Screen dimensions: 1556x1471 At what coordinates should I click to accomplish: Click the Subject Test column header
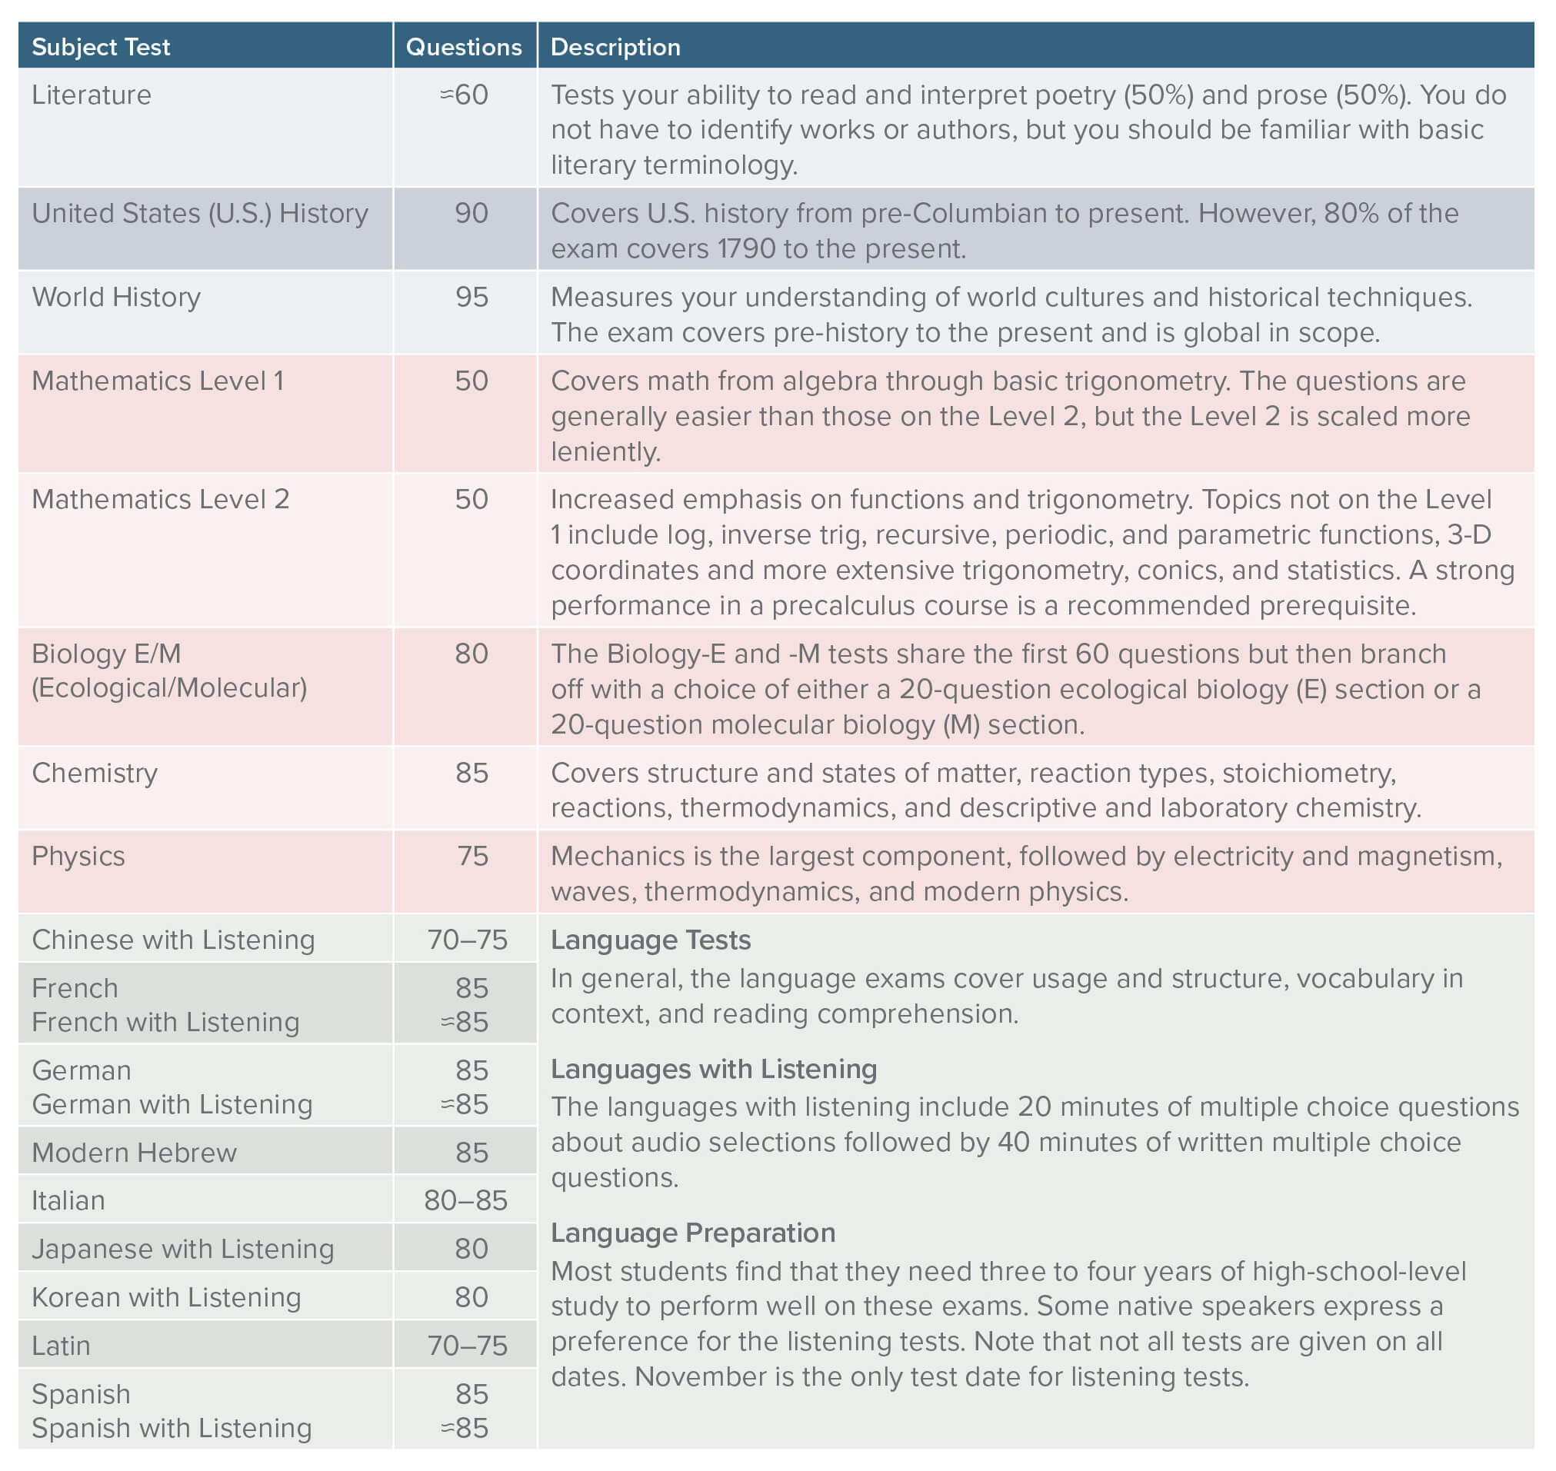point(101,47)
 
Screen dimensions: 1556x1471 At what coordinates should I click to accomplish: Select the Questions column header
point(464,47)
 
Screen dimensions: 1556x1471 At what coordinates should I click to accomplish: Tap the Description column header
point(615,47)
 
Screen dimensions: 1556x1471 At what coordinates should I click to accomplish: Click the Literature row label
point(91,95)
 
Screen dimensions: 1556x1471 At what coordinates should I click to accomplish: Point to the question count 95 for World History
point(471,297)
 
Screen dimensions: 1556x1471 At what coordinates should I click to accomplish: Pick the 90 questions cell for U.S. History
point(471,213)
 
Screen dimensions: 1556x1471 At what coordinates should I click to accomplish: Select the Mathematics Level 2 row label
point(160,500)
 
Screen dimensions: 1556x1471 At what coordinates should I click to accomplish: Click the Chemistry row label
point(94,774)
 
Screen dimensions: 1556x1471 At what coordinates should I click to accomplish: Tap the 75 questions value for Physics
point(472,857)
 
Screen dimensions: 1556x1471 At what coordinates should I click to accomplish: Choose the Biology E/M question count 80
point(471,654)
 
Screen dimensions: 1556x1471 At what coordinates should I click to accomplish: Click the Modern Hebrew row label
point(133,1153)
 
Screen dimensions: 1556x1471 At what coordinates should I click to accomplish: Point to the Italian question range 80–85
point(466,1200)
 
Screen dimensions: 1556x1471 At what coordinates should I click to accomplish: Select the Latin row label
point(61,1346)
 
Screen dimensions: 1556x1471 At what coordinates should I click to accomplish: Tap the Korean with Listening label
point(166,1298)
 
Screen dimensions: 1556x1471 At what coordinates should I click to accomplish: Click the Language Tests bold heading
point(650,940)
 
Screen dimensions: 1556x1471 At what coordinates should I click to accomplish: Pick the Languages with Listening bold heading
point(714,1070)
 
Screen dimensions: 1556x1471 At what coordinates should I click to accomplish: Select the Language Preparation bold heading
point(692,1233)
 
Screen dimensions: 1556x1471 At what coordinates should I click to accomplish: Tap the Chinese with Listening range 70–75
point(468,940)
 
